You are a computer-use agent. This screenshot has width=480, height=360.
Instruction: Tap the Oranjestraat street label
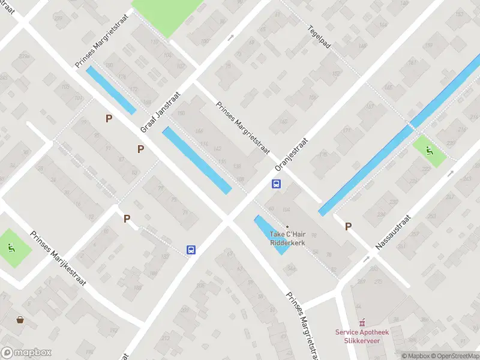tap(291, 155)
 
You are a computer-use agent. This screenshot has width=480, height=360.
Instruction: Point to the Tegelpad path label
tap(320, 37)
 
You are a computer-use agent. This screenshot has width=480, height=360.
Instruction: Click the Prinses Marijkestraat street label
tap(59, 258)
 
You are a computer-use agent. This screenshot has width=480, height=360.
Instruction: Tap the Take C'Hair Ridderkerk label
tap(287, 238)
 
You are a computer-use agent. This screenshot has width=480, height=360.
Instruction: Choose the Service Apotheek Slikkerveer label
tap(361, 337)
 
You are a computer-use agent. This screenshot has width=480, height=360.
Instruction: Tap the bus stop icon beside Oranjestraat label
tap(277, 184)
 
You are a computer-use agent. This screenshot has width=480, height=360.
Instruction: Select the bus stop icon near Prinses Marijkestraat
tap(191, 250)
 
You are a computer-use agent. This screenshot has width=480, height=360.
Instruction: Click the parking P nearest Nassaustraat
tap(348, 226)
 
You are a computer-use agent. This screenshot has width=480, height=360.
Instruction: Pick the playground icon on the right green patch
tap(430, 151)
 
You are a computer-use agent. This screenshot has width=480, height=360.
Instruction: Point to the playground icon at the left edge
tap(11, 247)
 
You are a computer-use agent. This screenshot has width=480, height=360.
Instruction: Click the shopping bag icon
tap(20, 319)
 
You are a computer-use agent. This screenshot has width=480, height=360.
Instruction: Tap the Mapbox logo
tap(26, 353)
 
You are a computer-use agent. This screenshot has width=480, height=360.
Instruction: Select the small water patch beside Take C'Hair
tap(270, 235)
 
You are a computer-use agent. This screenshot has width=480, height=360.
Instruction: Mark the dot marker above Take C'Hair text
tap(287, 226)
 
